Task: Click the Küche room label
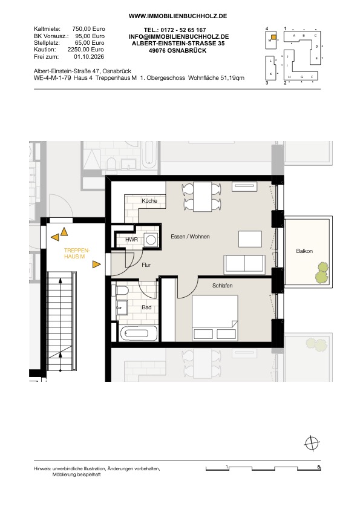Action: [x=149, y=201]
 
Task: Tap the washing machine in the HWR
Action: [x=151, y=240]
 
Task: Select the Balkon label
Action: [x=304, y=251]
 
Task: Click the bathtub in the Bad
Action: [x=139, y=333]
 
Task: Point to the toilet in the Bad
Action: [x=122, y=290]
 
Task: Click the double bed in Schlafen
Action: [x=215, y=318]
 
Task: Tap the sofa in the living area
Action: [x=244, y=264]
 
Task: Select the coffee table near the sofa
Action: [x=250, y=239]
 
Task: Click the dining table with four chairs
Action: [x=202, y=197]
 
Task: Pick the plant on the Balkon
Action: [x=322, y=272]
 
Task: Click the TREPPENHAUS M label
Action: [x=76, y=254]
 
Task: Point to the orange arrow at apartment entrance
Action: [x=96, y=264]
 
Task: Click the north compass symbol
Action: [x=312, y=443]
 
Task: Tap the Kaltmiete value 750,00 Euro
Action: [x=88, y=29]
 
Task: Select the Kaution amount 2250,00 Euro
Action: [x=86, y=50]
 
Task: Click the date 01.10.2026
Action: [x=89, y=56]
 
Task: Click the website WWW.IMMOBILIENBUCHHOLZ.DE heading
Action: [x=178, y=16]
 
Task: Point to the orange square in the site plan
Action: [x=273, y=37]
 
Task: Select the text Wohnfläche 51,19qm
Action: [x=216, y=78]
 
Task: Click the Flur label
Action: [x=146, y=265]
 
